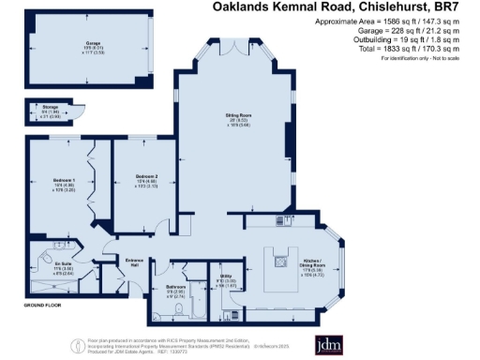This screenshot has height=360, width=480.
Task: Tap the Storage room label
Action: click(x=39, y=109)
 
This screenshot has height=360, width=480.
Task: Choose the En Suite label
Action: click(x=64, y=266)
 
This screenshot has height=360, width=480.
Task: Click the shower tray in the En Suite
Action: click(x=56, y=289)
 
